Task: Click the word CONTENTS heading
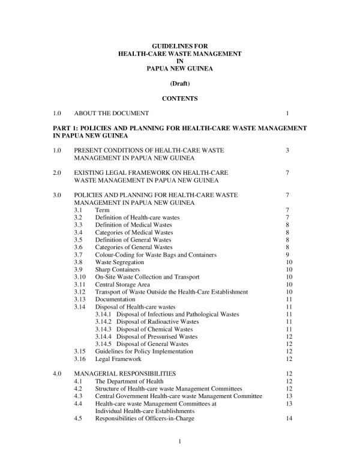[x=180, y=98]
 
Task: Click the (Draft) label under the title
[x=180, y=83]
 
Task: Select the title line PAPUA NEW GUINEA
[x=180, y=69]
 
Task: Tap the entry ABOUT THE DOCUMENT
[x=111, y=113]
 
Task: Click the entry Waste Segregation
[x=119, y=262]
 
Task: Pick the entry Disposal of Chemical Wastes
[x=154, y=329]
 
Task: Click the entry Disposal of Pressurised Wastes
[x=157, y=336]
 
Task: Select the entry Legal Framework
[x=118, y=359]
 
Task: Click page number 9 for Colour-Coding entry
[x=289, y=255]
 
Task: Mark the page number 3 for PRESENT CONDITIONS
[x=289, y=150]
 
